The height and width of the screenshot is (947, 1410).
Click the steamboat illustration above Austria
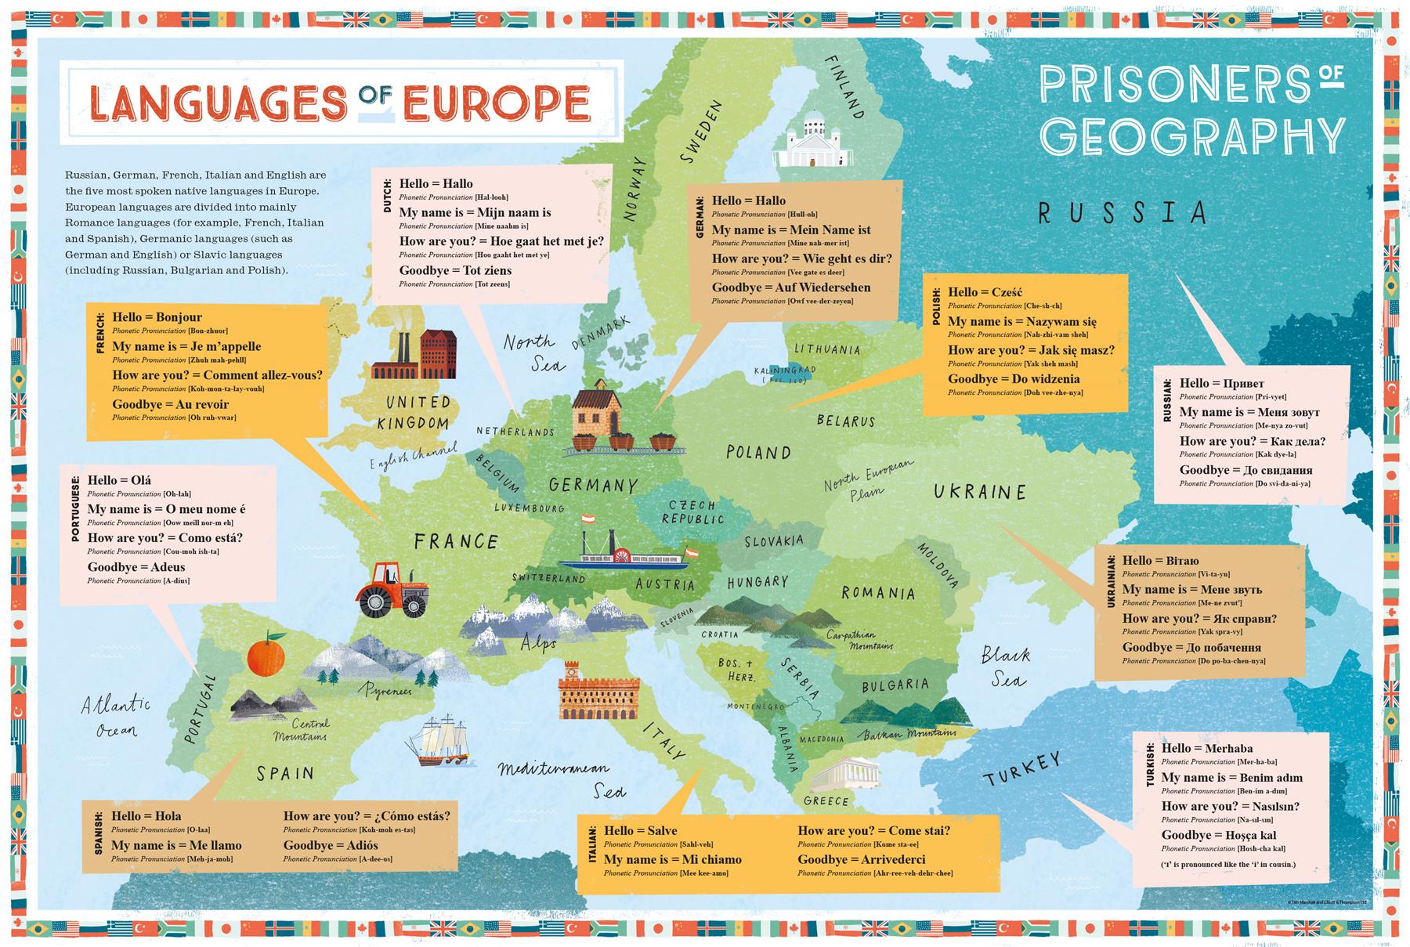624,553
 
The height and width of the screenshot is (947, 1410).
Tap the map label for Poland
757,453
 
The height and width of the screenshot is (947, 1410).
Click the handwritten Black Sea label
1006,666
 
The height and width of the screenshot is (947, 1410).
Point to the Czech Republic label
692,512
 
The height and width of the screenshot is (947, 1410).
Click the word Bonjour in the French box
179,317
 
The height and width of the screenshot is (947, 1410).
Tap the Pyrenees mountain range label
385,691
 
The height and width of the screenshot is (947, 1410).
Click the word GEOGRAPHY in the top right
1191,136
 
